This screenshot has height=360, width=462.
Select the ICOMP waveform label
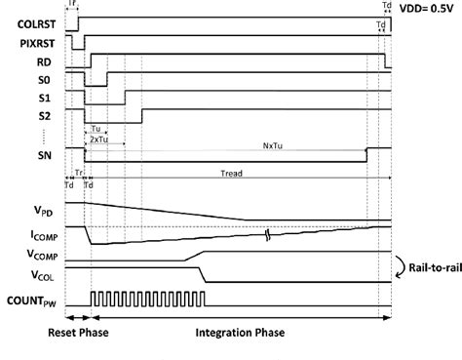[x=33, y=233]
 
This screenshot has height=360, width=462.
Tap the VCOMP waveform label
[x=33, y=256]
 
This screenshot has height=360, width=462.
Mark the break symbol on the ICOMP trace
[x=268, y=234]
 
